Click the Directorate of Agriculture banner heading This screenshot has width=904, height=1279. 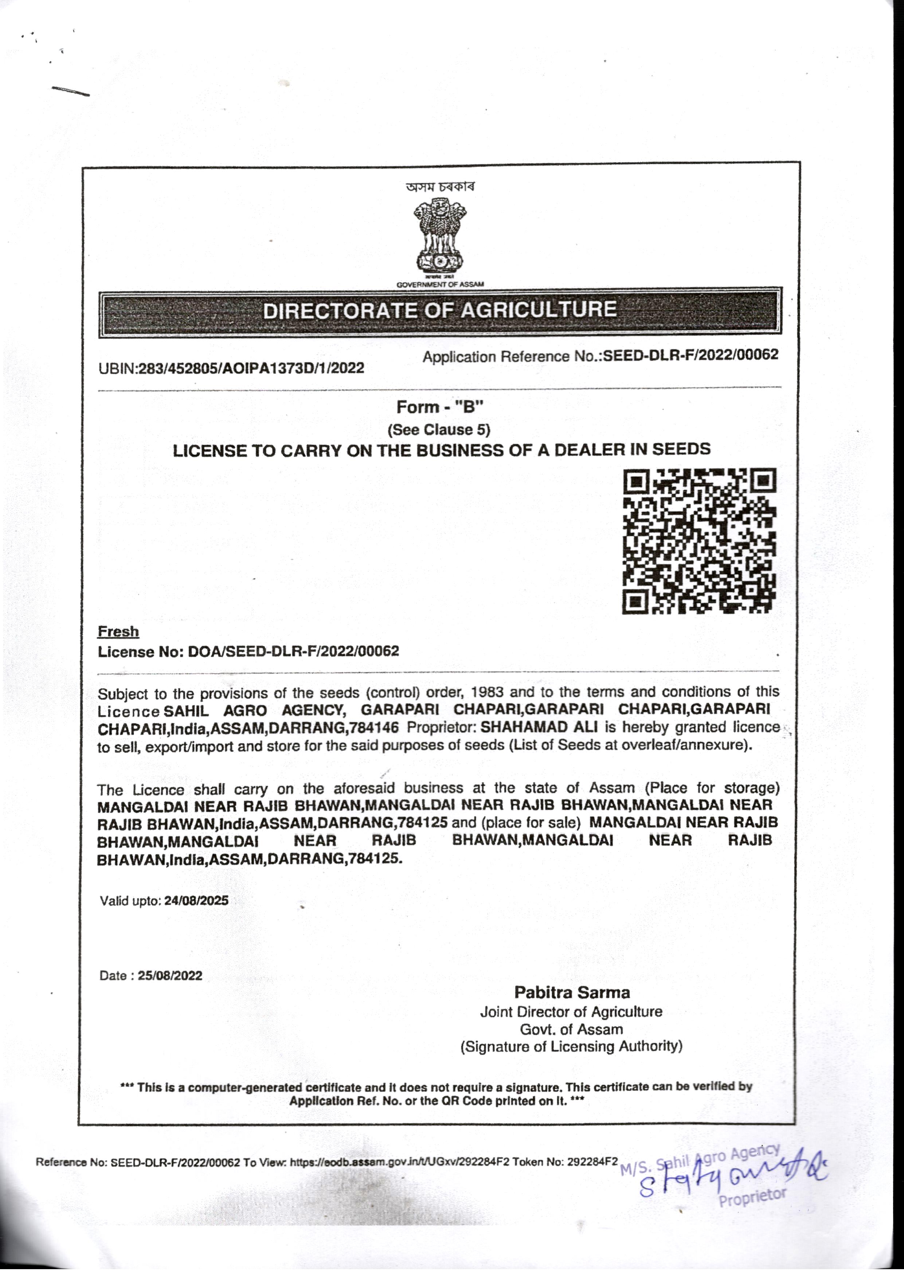coord(440,310)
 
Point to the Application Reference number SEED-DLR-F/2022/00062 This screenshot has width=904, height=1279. coord(691,355)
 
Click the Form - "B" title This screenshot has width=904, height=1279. coord(440,407)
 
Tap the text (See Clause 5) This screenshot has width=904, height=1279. coord(439,430)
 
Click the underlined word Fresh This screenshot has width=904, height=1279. coord(118,631)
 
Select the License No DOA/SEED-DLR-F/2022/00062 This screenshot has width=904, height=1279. coord(293,651)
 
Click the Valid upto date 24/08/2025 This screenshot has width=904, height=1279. coord(196,901)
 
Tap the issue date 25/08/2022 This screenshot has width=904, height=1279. coord(170,976)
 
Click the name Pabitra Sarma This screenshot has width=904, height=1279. coord(572,992)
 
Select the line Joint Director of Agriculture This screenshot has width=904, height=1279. coord(571,1012)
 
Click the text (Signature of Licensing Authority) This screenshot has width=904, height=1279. coord(571,1046)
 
